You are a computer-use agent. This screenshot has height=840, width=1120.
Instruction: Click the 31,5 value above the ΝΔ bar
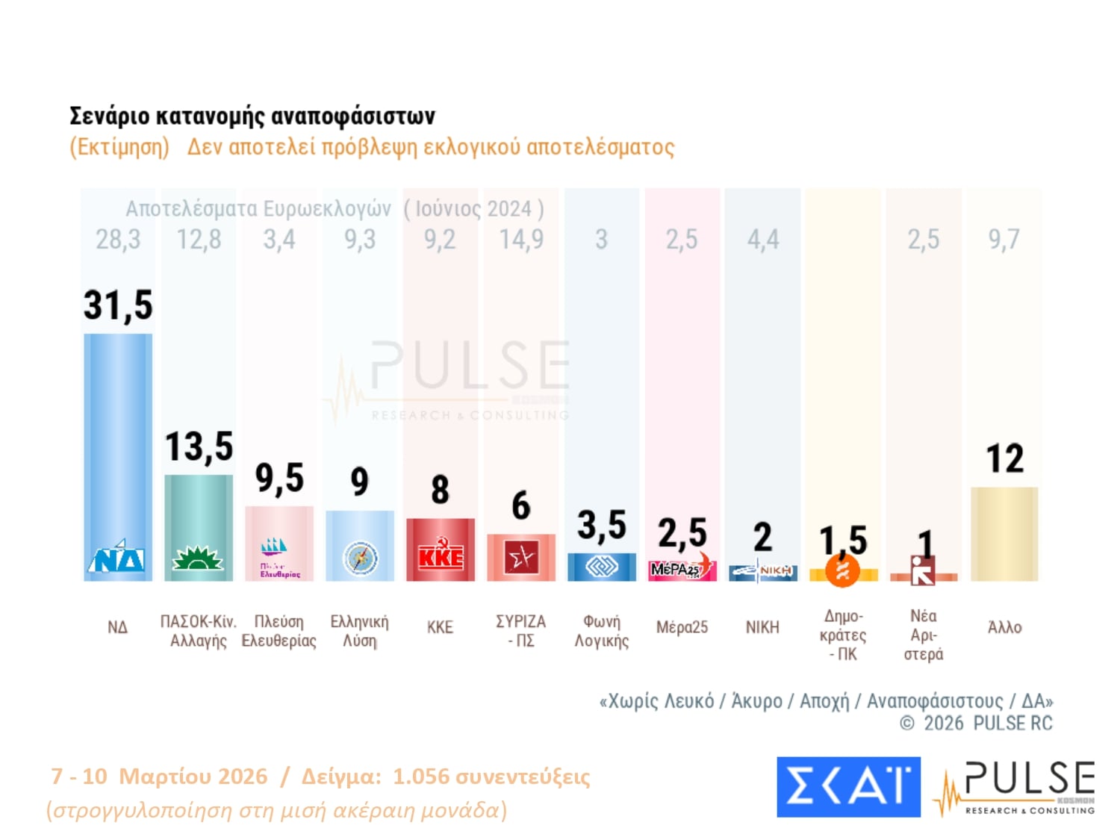118,305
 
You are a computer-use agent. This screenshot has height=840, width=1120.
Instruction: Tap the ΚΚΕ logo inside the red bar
441,557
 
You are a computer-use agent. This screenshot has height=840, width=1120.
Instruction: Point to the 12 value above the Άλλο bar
1004,458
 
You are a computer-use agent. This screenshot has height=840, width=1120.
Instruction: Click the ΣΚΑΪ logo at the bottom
848,786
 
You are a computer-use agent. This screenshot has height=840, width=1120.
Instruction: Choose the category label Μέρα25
682,627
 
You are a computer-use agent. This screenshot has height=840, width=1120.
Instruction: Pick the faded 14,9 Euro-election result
521,240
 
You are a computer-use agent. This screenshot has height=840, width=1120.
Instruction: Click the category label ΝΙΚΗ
762,627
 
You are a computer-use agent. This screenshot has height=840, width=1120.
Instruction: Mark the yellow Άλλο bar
1004,534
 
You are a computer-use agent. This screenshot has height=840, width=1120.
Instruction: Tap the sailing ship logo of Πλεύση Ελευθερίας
274,547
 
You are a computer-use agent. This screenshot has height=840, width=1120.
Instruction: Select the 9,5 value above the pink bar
279,478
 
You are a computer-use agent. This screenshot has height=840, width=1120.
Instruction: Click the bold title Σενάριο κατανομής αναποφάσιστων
252,116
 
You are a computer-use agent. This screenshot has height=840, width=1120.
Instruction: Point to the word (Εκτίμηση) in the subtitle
119,147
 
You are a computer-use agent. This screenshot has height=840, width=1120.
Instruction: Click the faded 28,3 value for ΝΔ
118,240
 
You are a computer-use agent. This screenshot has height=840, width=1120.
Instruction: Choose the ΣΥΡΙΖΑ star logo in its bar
521,557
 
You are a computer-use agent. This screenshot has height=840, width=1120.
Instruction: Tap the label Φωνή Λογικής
602,631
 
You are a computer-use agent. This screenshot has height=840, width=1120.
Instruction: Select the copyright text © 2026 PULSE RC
977,723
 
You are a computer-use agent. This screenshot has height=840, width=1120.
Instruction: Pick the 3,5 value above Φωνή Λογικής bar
602,525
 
